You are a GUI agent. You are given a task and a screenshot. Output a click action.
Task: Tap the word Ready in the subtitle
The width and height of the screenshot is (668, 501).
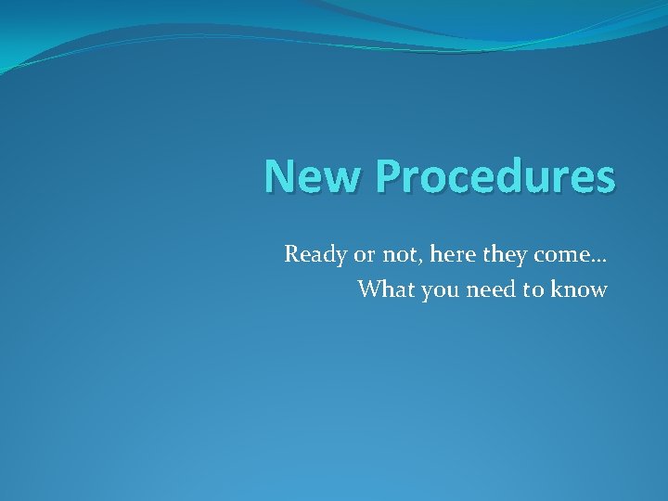click(x=314, y=254)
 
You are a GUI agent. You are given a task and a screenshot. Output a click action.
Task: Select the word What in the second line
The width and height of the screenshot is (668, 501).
click(x=387, y=289)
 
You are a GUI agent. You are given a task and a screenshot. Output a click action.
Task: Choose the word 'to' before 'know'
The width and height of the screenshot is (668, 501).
click(x=533, y=289)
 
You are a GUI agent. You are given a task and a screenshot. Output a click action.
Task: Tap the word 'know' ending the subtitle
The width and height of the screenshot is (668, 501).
click(x=579, y=289)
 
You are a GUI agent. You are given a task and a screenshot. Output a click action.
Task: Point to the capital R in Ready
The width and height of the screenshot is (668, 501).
click(x=291, y=253)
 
